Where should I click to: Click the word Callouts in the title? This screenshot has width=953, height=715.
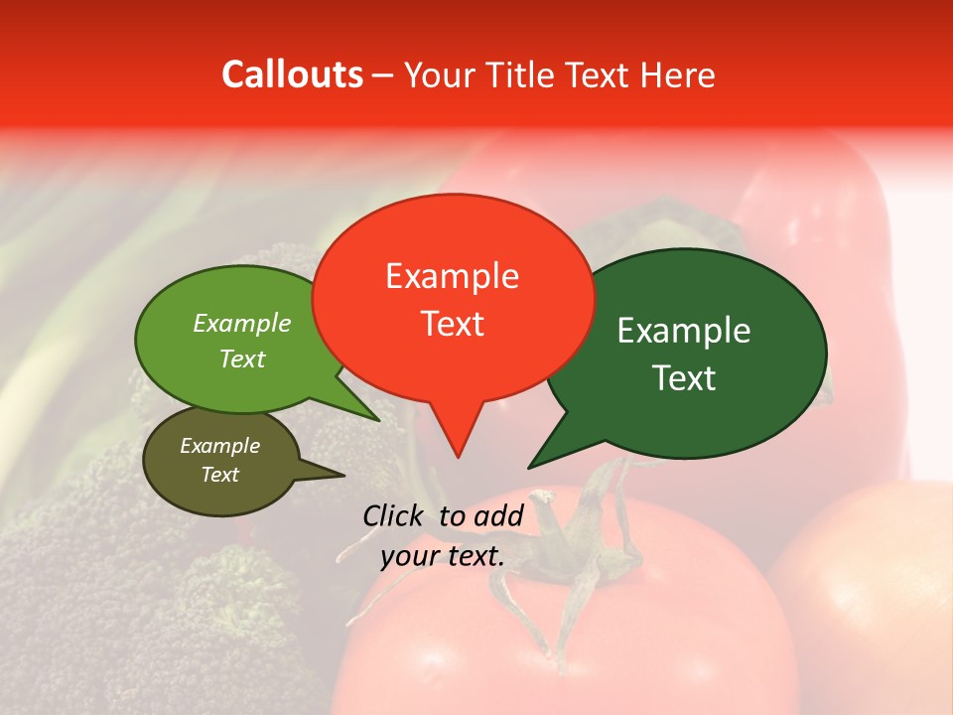pyautogui.click(x=292, y=74)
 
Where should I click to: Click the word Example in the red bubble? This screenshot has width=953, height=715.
pyautogui.click(x=452, y=276)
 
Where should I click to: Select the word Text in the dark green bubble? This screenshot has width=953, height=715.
pyautogui.click(x=684, y=378)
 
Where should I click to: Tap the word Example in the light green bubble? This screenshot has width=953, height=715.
pyautogui.click(x=242, y=324)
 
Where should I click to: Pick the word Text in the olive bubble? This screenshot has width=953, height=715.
pyautogui.click(x=220, y=475)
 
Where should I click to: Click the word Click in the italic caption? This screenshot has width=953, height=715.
pyautogui.click(x=394, y=515)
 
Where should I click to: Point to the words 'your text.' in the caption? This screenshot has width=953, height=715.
pyautogui.click(x=443, y=556)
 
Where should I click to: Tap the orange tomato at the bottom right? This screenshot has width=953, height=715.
pyautogui.click(x=874, y=596)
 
